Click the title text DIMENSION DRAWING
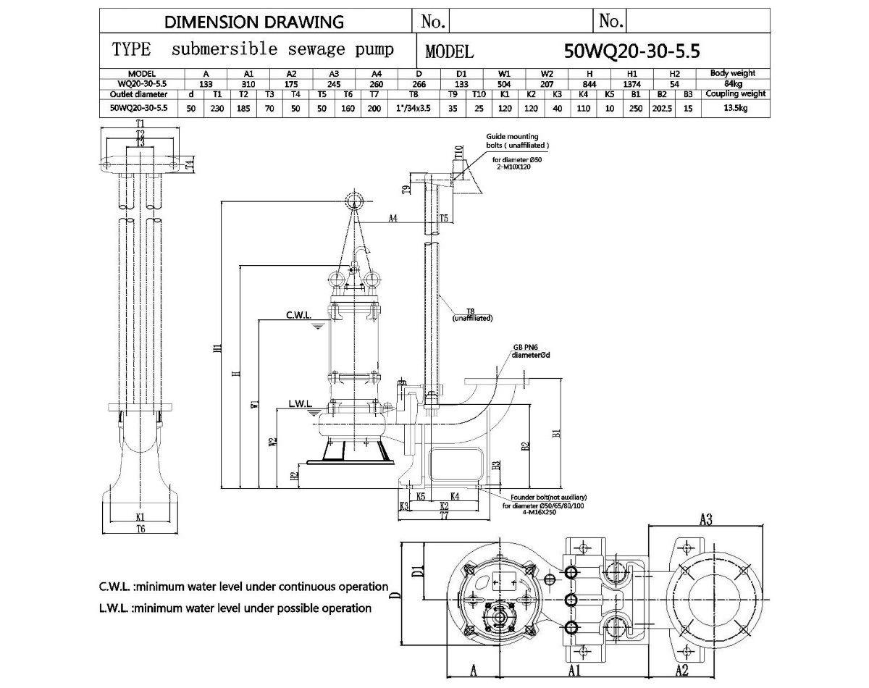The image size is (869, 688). point(254,22)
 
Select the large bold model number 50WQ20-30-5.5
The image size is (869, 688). point(631,51)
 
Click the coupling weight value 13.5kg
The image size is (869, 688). point(732,108)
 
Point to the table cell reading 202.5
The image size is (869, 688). point(661,108)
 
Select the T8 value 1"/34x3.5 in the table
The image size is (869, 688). point(413,108)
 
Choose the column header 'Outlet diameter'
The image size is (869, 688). point(138,94)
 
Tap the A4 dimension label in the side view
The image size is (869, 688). point(393,217)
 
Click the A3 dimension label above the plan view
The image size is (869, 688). point(706,519)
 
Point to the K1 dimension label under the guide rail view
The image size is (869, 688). point(140,517)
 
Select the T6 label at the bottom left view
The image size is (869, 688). point(140,530)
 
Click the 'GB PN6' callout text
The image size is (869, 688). point(526,347)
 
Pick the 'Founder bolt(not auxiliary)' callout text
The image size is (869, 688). point(548,498)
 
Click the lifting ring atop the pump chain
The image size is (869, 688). point(355,200)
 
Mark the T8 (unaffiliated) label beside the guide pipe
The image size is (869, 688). point(471,314)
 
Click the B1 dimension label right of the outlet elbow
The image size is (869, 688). point(556,432)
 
